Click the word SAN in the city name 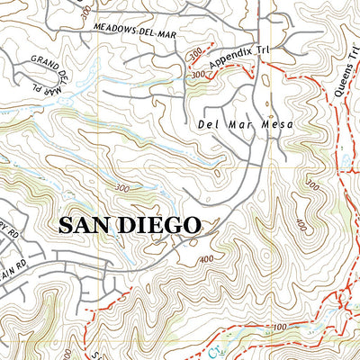pos(85,225)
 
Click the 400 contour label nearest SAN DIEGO pos(207,259)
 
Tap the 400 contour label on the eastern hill pos(325,220)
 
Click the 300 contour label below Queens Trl pos(312,184)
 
